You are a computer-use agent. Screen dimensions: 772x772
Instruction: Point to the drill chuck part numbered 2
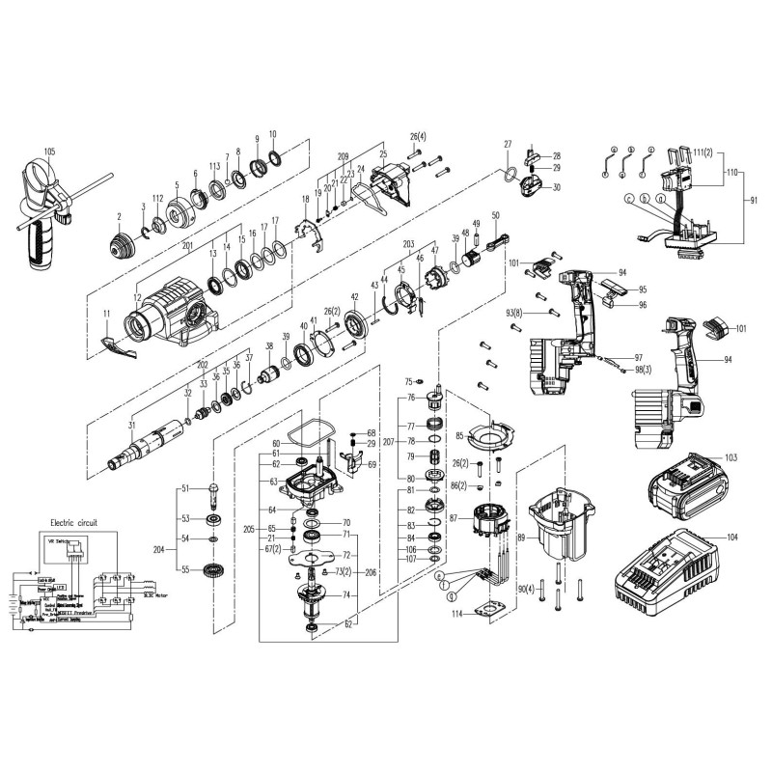pyautogui.click(x=123, y=241)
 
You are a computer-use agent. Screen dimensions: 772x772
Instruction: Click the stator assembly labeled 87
pyautogui.click(x=487, y=527)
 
